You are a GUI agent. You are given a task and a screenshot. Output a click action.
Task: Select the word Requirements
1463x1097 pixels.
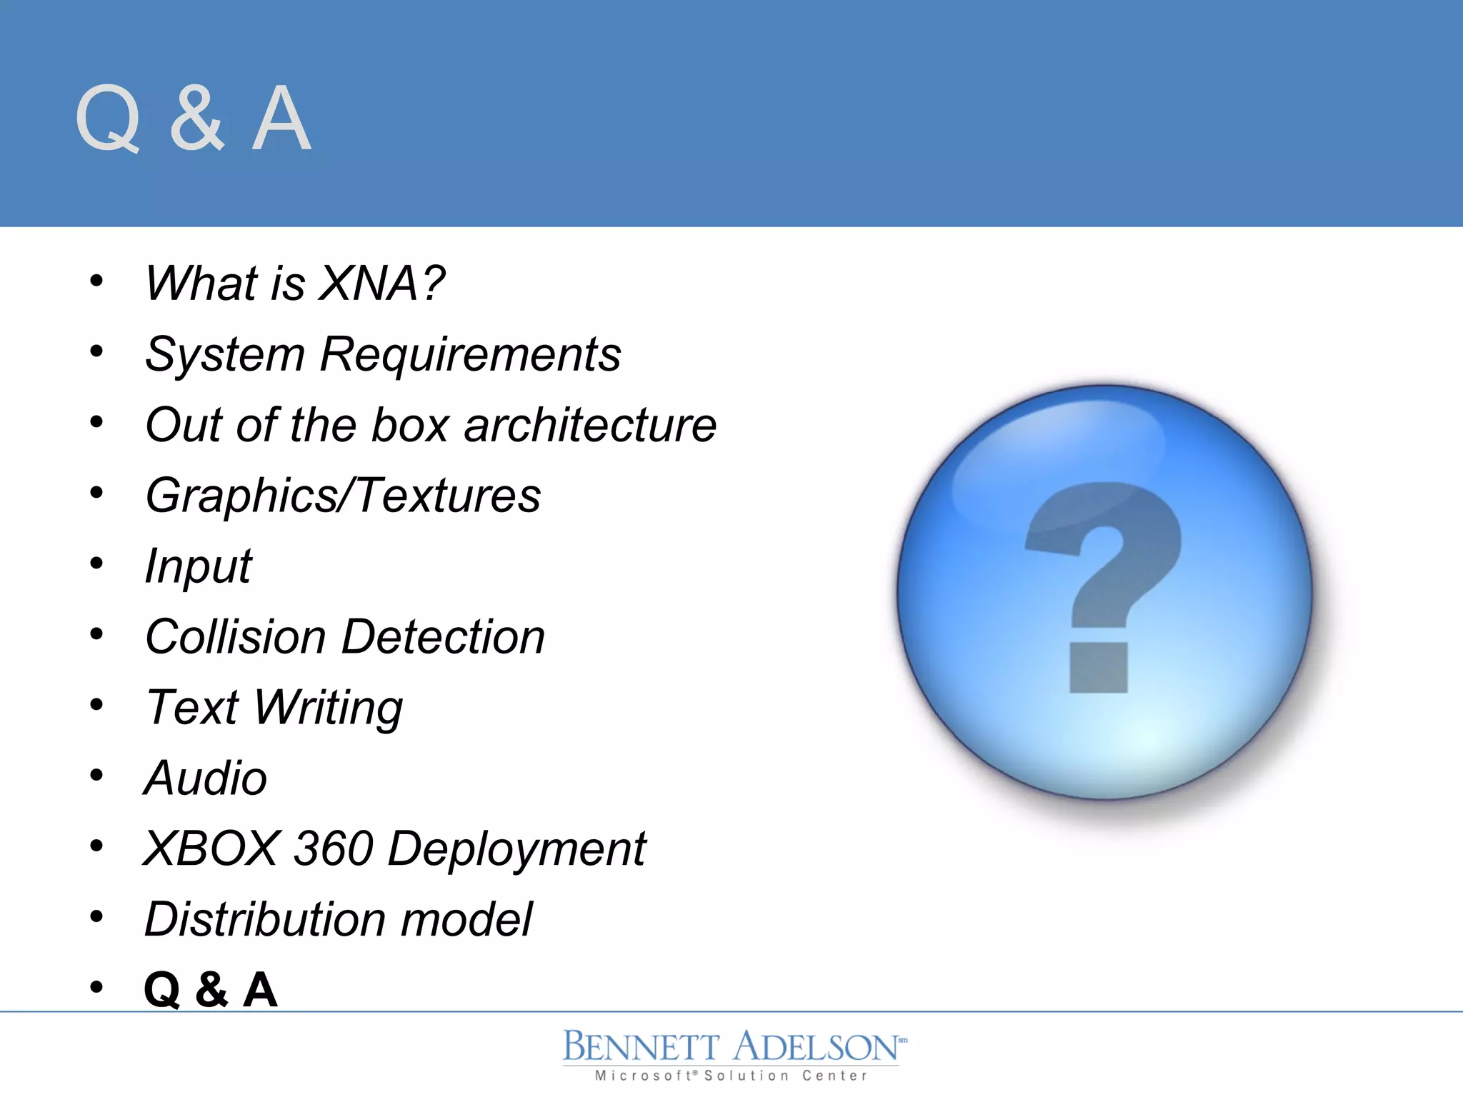470,354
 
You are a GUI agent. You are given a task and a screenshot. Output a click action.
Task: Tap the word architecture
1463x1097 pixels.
590,424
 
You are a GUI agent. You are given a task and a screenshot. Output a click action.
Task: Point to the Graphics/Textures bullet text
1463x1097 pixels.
343,496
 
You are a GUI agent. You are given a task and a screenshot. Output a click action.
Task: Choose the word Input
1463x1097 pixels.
198,566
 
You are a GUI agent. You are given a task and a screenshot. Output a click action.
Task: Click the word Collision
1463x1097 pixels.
236,636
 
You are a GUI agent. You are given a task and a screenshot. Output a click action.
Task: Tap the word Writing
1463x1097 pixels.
329,708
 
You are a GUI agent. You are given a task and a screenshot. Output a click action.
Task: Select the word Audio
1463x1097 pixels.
206,777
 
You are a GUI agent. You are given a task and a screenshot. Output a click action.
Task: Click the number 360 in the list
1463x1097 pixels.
334,848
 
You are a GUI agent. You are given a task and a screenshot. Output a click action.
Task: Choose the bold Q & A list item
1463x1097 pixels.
210,990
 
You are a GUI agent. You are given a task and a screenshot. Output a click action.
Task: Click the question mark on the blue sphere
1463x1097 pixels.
1104,557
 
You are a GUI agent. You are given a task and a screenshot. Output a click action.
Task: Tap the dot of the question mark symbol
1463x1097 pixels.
1099,667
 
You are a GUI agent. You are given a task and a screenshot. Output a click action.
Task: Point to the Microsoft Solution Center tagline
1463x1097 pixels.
731,1076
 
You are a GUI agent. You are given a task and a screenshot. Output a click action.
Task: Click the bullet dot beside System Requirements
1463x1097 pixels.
96,351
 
